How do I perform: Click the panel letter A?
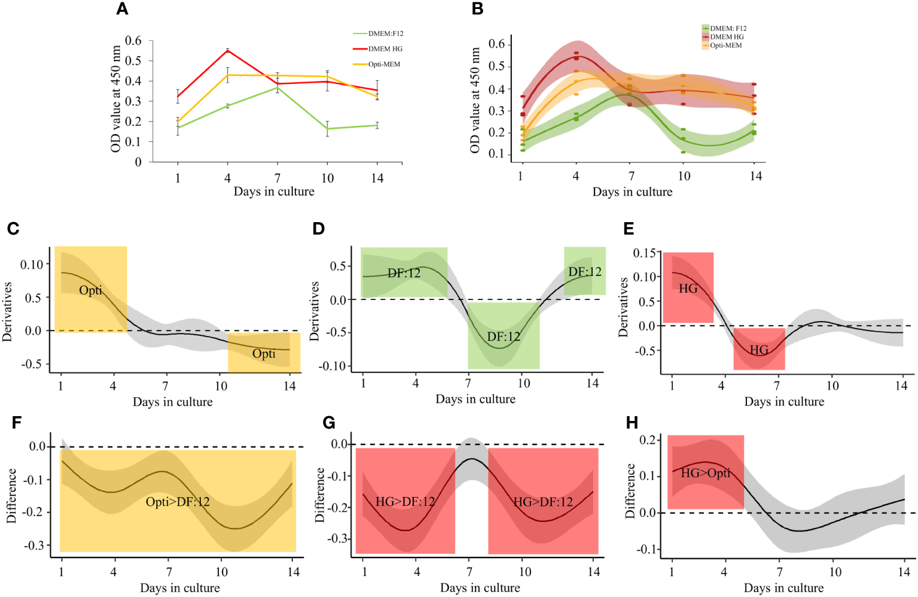pos(122,9)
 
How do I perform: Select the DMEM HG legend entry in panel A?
pos(385,49)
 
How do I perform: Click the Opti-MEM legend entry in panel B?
pos(725,46)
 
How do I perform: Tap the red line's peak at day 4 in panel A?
pos(227,50)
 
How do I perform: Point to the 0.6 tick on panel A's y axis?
pos(133,41)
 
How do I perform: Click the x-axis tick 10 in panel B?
pos(684,176)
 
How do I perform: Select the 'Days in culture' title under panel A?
pos(274,192)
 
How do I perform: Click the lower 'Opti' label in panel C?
pos(264,354)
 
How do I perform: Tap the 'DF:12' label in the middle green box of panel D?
pos(504,337)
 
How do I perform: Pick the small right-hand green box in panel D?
pos(585,271)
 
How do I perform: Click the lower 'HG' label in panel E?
pos(759,350)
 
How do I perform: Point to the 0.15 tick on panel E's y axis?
pos(644,253)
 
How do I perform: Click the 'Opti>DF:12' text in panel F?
pos(178,502)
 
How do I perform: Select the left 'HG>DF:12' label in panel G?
pos(405,502)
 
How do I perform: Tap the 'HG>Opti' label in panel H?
pos(706,473)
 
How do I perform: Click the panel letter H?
pos(632,423)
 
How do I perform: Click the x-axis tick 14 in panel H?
pos(904,572)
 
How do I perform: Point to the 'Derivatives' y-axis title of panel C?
pos(7,311)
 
